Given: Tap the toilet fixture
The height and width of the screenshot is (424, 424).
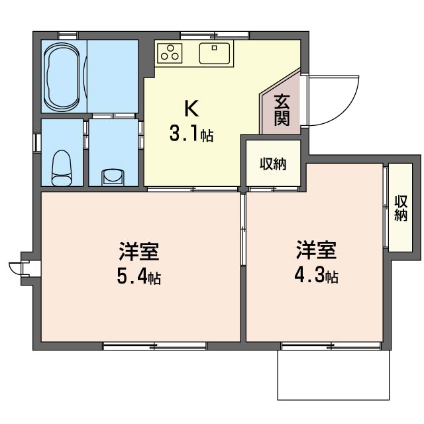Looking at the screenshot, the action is tap(62, 168).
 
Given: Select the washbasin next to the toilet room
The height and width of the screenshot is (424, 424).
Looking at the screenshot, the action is tap(113, 177).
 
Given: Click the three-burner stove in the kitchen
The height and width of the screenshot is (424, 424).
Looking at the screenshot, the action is tap(170, 53).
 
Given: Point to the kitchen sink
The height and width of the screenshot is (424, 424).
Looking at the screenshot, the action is tap(215, 53).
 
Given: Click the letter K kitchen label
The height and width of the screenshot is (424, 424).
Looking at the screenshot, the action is tap(191, 108).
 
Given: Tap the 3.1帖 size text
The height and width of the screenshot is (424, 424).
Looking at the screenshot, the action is tap(191, 134).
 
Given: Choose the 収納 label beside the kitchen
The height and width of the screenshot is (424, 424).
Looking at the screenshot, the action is tap(273, 164).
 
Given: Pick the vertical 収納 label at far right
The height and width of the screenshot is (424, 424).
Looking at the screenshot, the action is tap(401, 208).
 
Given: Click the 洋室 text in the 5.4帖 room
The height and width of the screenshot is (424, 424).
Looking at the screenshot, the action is tap(139, 251).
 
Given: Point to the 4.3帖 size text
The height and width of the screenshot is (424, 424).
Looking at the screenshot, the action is tap(317, 276).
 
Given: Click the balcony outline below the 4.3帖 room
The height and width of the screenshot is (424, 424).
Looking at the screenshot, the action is tap(333, 399).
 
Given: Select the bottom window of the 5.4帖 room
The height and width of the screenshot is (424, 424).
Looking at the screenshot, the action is tap(154, 346).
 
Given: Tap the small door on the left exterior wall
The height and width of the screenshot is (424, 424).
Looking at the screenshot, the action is tap(23, 268).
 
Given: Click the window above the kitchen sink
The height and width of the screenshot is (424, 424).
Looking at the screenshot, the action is tap(214, 35).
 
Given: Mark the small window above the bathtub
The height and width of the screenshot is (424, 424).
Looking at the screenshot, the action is tap(68, 36).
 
